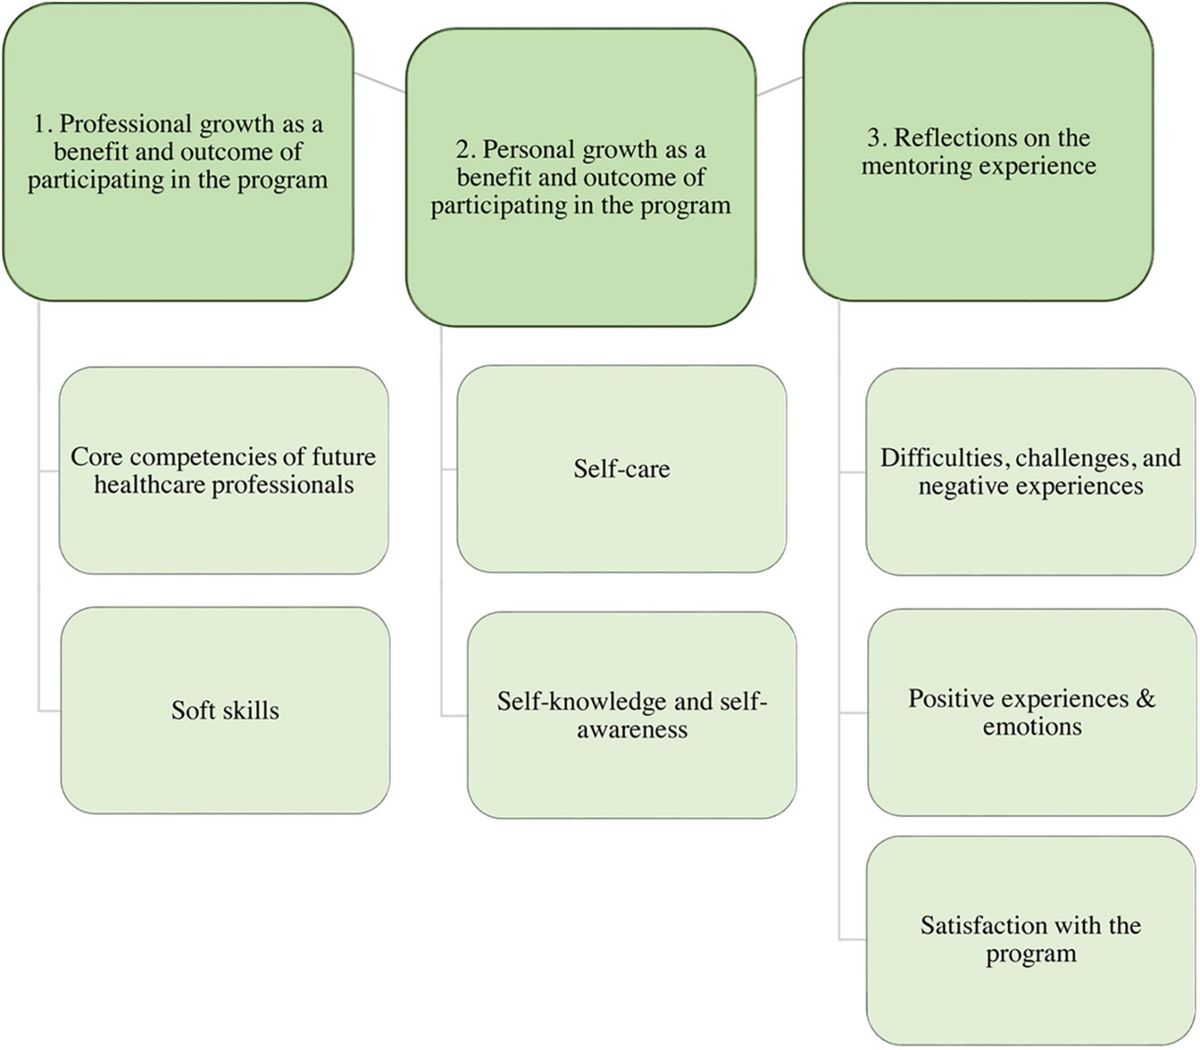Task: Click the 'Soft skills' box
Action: [225, 712]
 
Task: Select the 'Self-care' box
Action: [621, 468]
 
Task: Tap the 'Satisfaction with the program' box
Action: [1031, 940]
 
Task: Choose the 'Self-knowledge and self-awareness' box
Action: [631, 715]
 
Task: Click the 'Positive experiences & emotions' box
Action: [1031, 712]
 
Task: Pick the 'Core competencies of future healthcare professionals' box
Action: [223, 470]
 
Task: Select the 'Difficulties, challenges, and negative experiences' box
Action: [1031, 472]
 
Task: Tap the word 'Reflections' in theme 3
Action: [954, 138]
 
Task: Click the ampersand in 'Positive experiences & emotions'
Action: [1146, 698]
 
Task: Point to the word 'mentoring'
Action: [914, 165]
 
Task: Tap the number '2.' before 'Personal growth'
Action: [465, 150]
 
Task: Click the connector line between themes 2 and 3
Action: [780, 86]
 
